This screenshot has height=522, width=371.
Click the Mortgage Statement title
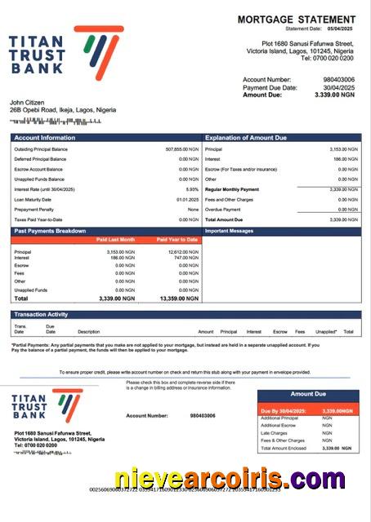pos(296,19)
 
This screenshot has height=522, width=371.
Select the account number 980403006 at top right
pos(339,79)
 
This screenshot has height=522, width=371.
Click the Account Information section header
pos(44,138)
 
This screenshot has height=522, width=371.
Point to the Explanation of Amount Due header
pos(246,138)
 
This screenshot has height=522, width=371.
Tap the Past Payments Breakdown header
pos(50,231)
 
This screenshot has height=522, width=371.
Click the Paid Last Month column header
pos(115,240)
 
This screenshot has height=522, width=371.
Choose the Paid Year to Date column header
pos(177,240)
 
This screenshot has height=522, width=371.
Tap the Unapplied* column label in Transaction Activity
pos(326,332)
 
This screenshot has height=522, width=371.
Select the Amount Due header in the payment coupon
pos(307,394)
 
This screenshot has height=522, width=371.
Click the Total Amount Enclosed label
pos(284,449)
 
